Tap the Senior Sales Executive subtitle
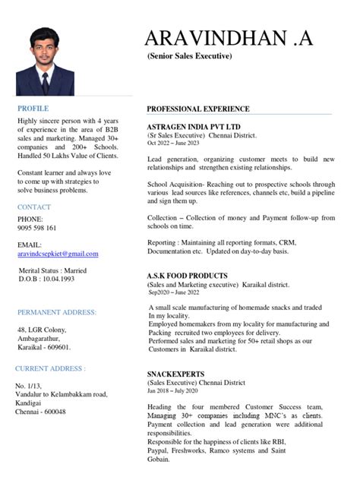pyautogui.click(x=189, y=57)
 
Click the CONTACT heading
pyautogui.click(x=34, y=207)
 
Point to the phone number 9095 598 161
pyautogui.click(x=36, y=228)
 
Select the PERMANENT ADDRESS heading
pyautogui.click(x=57, y=312)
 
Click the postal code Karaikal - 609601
pyautogui.click(x=43, y=347)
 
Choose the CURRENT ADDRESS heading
pyautogui.click(x=50, y=368)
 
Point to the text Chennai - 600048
pyautogui.click(x=41, y=412)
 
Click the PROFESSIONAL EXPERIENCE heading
pyautogui.click(x=208, y=109)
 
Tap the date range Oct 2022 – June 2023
pyautogui.click(x=172, y=143)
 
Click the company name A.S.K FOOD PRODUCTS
pyautogui.click(x=187, y=276)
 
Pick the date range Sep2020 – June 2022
pyautogui.click(x=174, y=292)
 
